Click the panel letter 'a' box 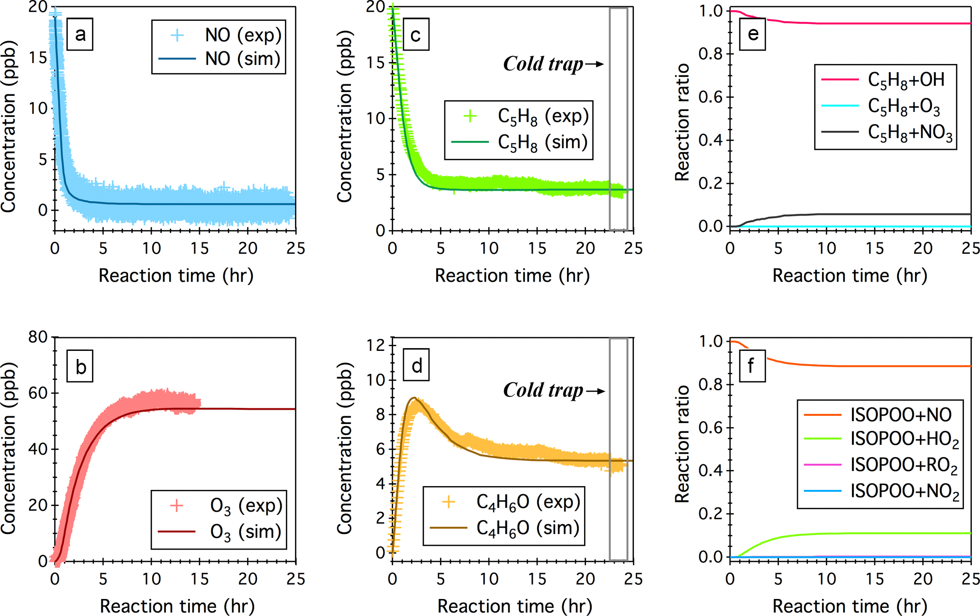[x=80, y=34]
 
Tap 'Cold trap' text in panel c [x=543, y=64]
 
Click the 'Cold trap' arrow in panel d [x=595, y=391]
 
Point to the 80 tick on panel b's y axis [x=38, y=337]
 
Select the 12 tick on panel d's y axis [x=376, y=345]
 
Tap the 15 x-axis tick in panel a [x=200, y=248]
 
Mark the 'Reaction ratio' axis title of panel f [x=682, y=444]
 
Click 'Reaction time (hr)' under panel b [x=177, y=606]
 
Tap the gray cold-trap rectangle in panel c [x=618, y=119]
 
